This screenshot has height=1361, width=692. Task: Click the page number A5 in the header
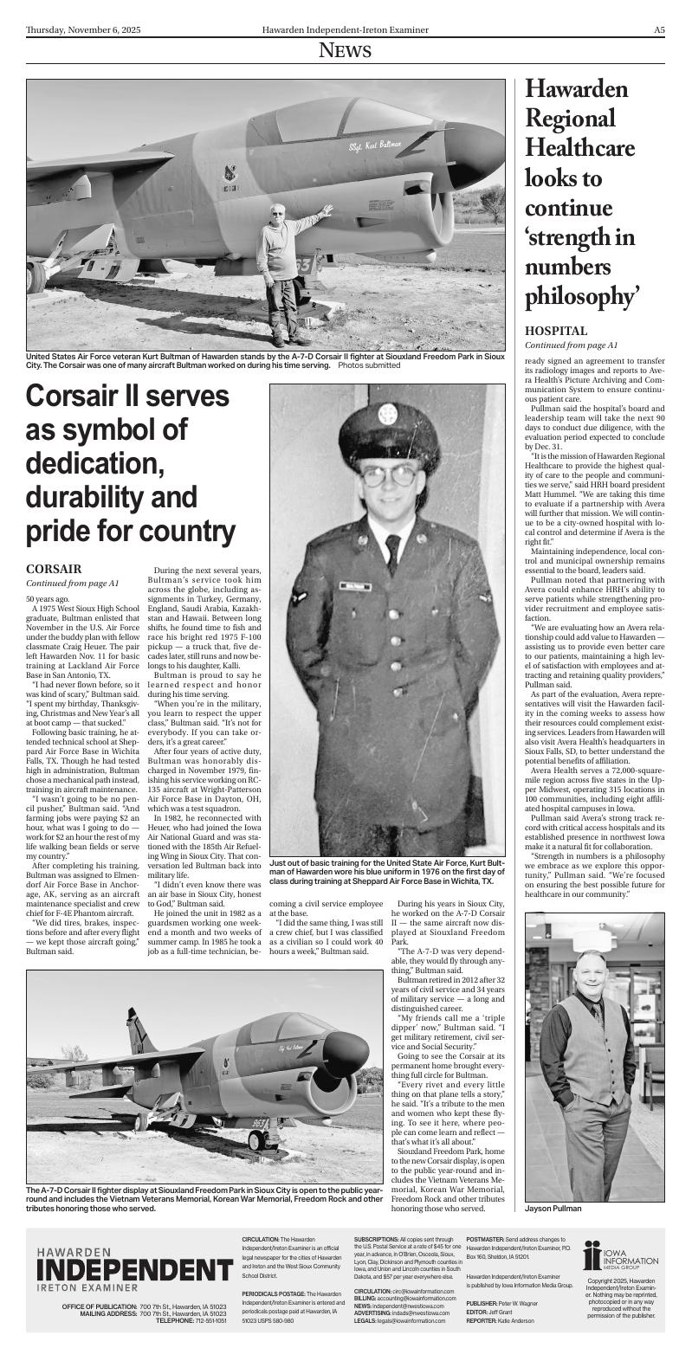click(x=659, y=30)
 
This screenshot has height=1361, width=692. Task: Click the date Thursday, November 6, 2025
click(x=83, y=30)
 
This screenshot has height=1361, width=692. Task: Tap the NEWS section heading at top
click(x=345, y=51)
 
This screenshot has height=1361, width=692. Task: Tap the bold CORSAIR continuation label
click(x=54, y=569)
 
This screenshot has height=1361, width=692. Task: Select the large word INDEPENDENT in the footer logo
click(x=134, y=1270)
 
